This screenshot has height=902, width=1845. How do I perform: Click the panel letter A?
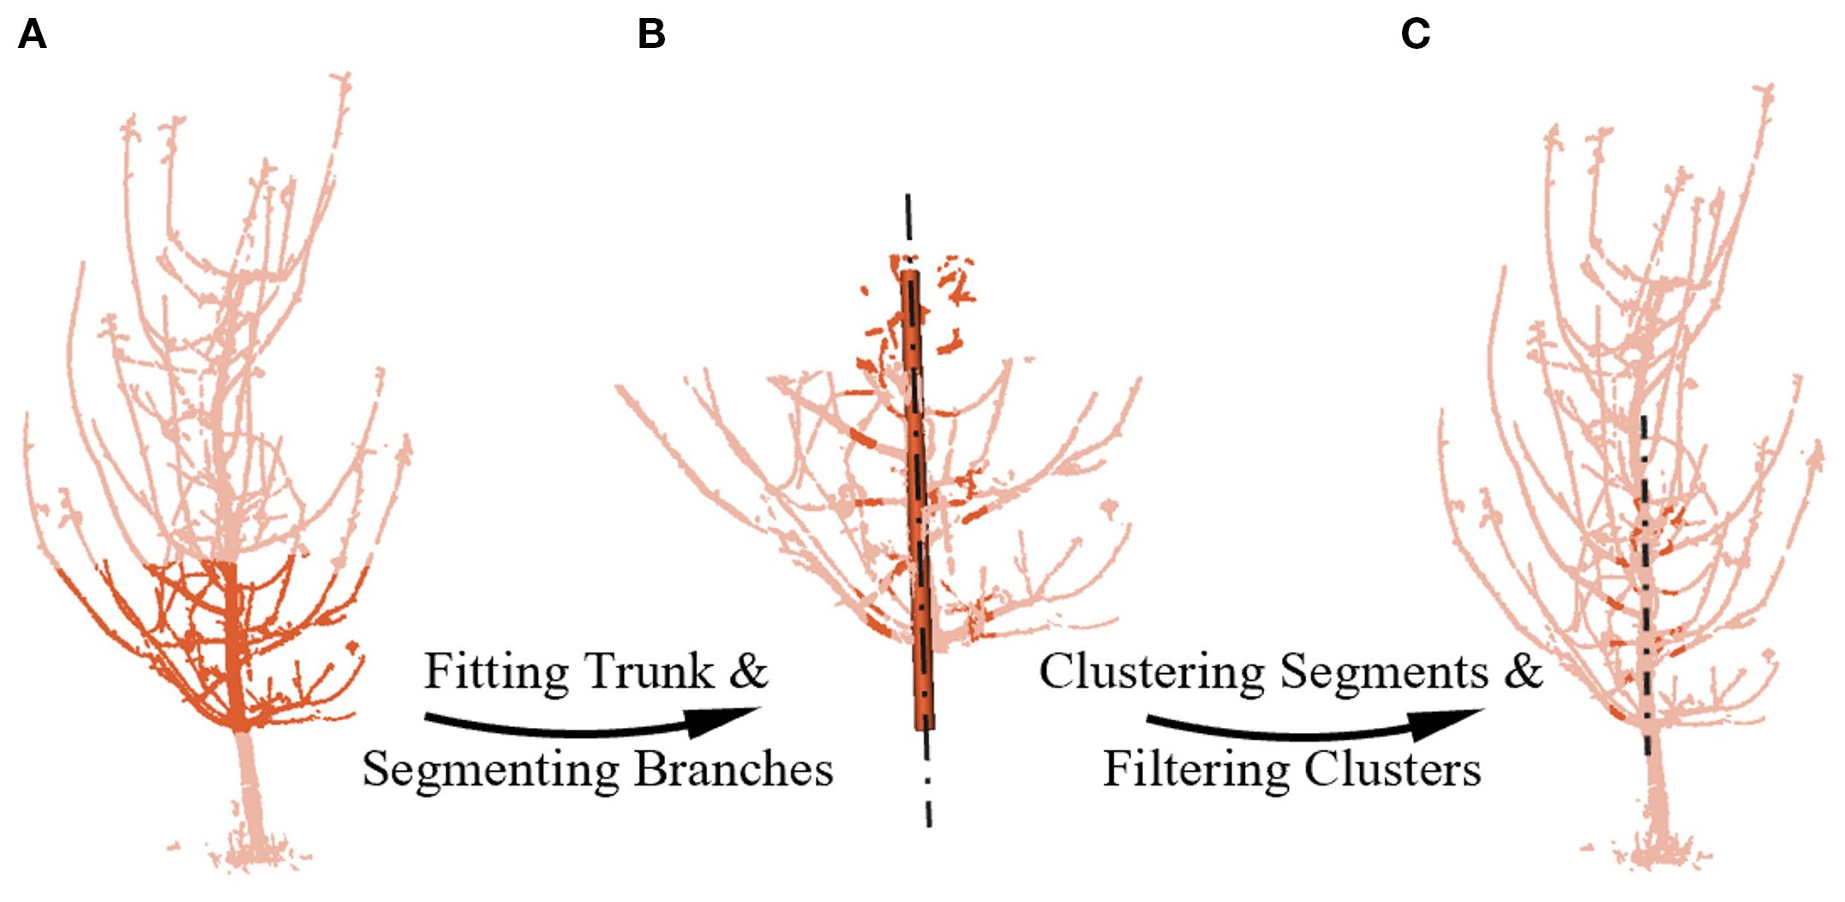pos(32,35)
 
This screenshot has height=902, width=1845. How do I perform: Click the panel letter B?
pos(651,35)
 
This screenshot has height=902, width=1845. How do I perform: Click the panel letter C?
pos(1415,35)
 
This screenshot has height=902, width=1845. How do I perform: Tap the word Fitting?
pos(496,671)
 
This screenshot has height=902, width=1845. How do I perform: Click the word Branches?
pos(734,769)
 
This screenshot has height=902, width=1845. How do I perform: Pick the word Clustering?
pos(1151,671)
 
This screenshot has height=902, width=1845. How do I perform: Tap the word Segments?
pos(1383,671)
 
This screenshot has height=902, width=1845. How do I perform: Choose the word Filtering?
pos(1195,769)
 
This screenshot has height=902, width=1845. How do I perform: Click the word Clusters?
pos(1393,769)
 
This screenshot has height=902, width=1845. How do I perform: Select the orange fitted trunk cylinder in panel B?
pos(919,514)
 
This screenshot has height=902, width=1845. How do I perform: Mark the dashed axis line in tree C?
pos(1644,600)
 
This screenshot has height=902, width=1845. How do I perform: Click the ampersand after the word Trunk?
pos(748,671)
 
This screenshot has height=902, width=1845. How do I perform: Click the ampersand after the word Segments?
pos(1523,671)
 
